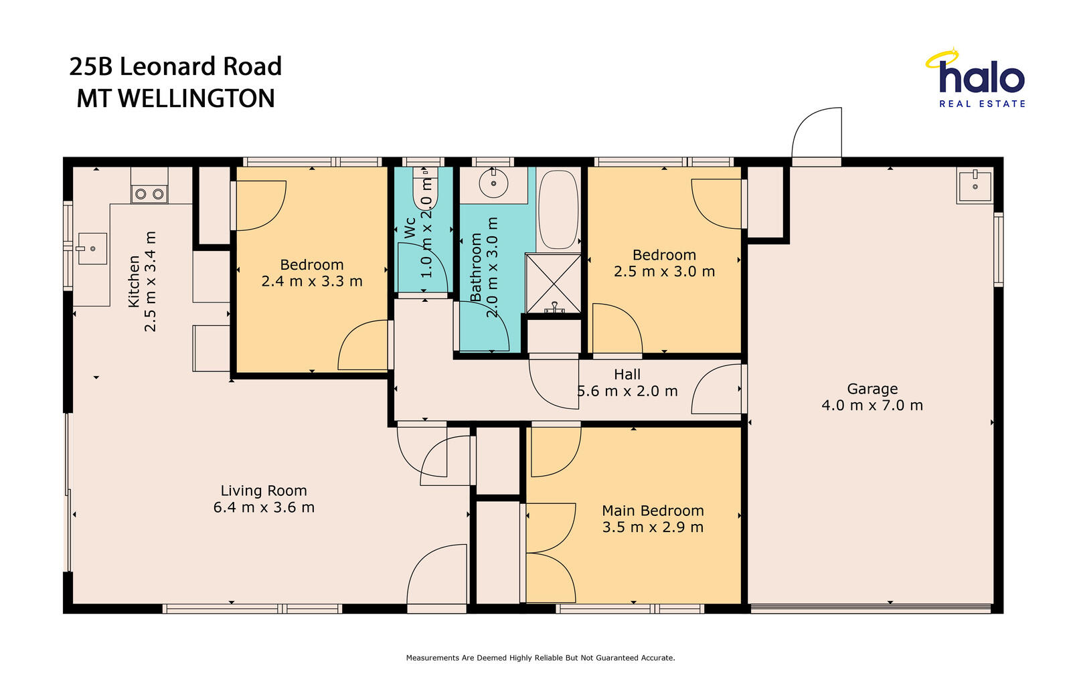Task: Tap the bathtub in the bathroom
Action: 558,209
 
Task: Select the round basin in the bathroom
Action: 493,183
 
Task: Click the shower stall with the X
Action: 553,284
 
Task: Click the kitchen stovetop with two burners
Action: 149,193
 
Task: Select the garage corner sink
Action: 975,185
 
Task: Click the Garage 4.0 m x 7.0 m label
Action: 872,397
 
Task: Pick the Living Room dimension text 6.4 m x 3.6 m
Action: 264,507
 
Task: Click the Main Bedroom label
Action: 653,511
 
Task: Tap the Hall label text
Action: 627,374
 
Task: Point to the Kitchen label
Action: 134,282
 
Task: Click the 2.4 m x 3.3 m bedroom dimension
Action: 312,281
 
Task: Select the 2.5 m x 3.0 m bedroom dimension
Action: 664,272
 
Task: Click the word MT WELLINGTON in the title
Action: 176,98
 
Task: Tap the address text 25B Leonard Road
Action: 175,66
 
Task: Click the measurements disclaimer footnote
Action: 540,658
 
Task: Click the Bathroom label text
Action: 476,267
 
